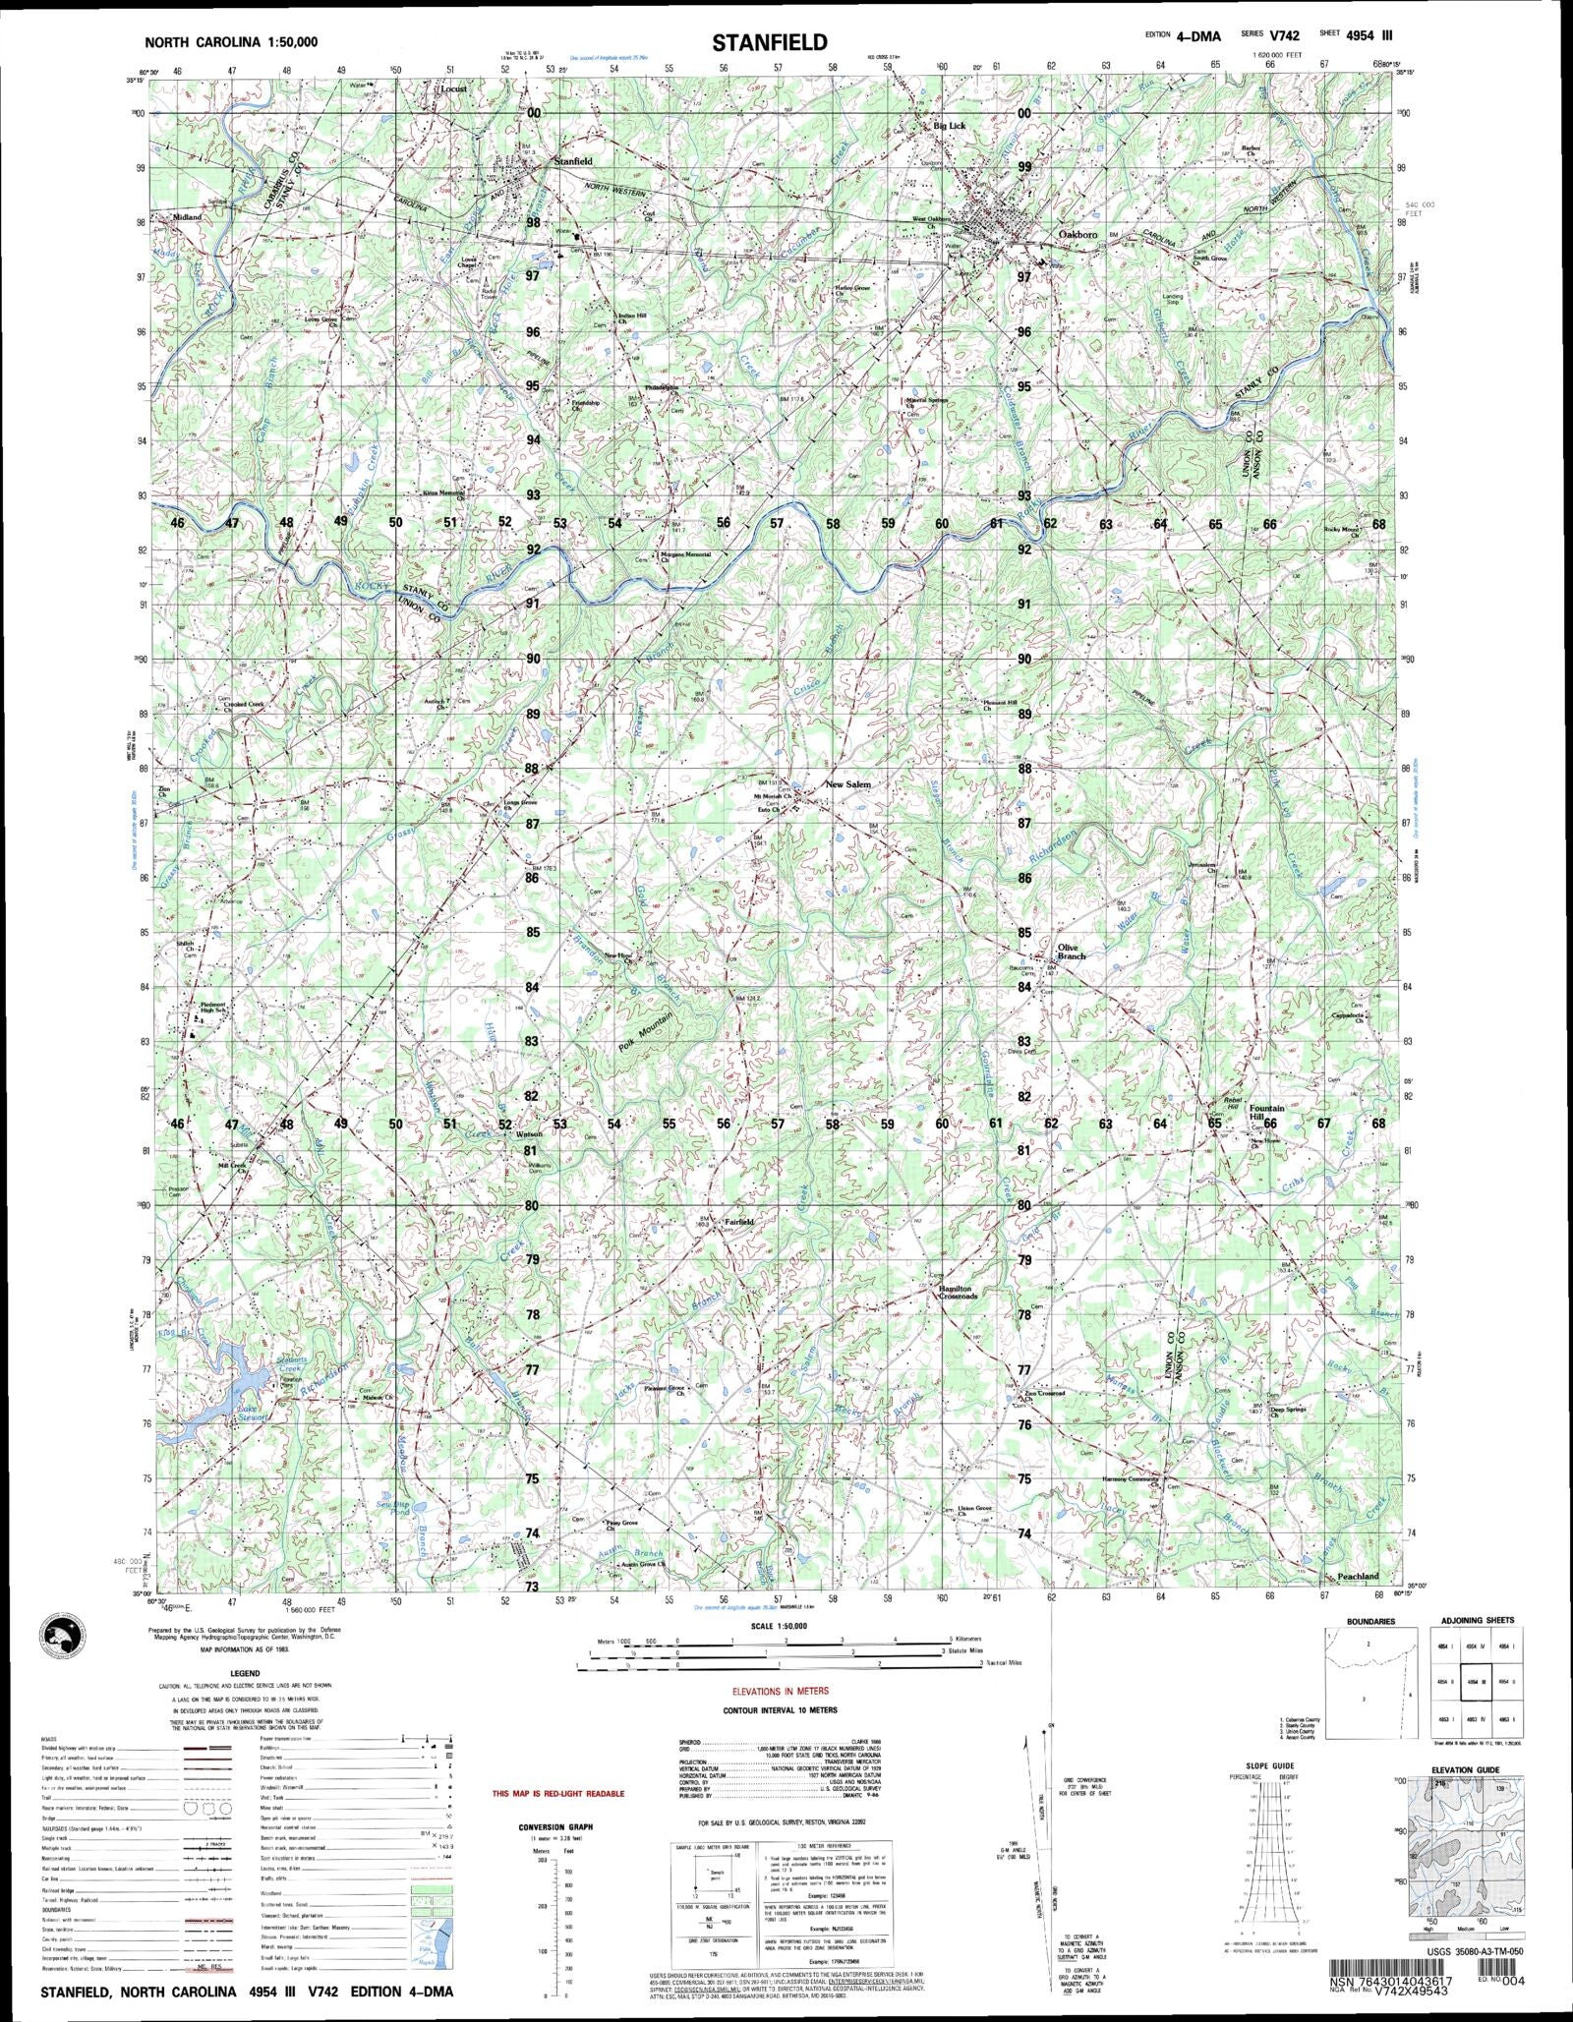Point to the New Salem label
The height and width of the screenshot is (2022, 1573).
pos(847,784)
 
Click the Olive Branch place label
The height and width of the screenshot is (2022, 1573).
pos(1071,952)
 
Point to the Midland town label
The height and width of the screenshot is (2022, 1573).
pos(187,216)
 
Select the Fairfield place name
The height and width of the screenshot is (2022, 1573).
pos(738,1222)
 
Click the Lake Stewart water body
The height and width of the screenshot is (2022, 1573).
pos(228,1414)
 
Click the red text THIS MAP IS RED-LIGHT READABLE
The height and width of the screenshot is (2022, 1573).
pos(557,1794)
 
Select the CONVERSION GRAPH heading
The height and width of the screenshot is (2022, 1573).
pos(556,1827)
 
